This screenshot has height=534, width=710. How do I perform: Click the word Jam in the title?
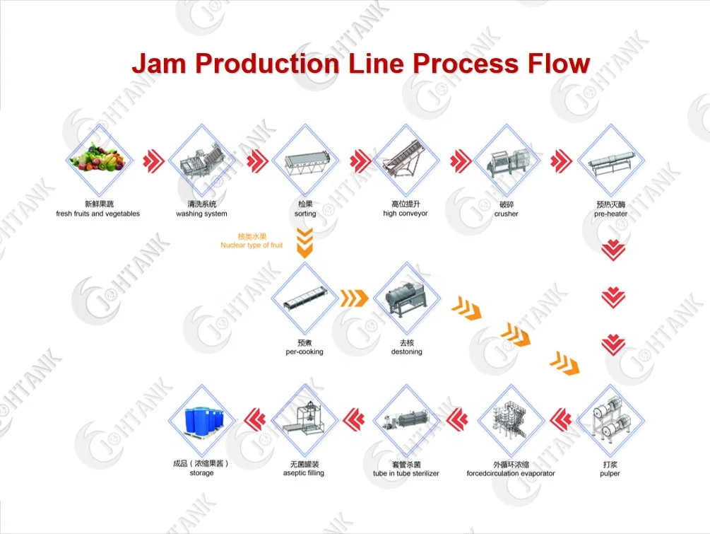(159, 64)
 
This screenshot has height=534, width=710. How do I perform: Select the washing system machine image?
(201, 161)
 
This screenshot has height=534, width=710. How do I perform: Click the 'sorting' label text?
(305, 214)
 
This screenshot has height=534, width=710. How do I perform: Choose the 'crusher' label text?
(506, 214)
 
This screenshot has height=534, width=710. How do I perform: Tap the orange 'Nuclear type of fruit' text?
(252, 245)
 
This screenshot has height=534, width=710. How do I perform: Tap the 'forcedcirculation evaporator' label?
(511, 473)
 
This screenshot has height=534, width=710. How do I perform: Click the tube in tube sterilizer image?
(406, 420)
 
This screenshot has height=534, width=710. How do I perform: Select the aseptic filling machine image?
(304, 420)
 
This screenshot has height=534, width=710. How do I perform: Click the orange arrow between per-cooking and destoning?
(355, 298)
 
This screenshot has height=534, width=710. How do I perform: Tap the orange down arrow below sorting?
(304, 242)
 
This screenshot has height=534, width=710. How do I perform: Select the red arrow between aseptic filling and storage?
(254, 419)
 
